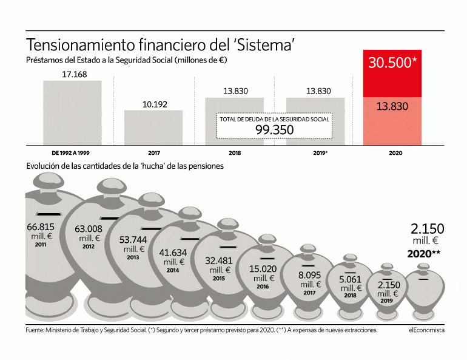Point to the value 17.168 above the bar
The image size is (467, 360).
(75, 74)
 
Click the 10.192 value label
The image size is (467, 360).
(155, 104)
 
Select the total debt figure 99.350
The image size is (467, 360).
(274, 130)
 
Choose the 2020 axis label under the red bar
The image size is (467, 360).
(395, 153)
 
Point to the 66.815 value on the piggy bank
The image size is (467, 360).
(41, 226)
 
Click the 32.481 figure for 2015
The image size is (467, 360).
(219, 260)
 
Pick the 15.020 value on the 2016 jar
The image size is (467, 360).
(263, 270)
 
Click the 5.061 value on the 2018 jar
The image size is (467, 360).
(350, 280)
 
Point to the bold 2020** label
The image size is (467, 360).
(425, 254)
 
